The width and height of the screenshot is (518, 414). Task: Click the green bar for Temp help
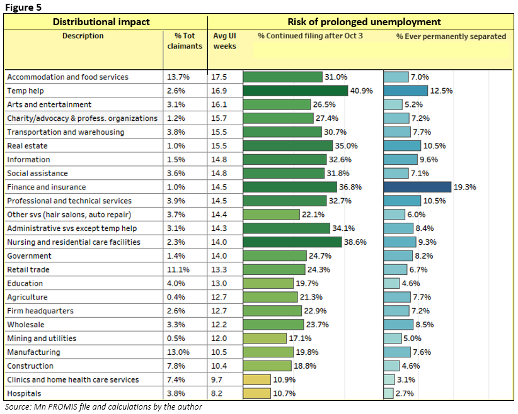click(295, 91)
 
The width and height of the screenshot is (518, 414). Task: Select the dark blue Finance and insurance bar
click(417, 187)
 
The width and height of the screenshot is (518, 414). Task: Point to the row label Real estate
click(28, 146)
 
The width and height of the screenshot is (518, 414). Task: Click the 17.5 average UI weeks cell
click(219, 77)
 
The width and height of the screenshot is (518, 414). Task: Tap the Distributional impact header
click(101, 22)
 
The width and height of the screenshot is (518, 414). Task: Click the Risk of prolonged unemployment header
click(361, 22)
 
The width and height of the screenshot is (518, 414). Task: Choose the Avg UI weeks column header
click(224, 41)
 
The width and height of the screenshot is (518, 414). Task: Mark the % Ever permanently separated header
click(451, 36)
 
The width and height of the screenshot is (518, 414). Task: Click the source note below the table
click(103, 407)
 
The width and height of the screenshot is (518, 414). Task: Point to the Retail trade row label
click(28, 269)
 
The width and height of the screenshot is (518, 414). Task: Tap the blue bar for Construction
click(391, 366)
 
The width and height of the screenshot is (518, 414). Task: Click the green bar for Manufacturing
click(268, 352)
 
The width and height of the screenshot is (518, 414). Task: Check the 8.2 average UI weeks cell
click(217, 393)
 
